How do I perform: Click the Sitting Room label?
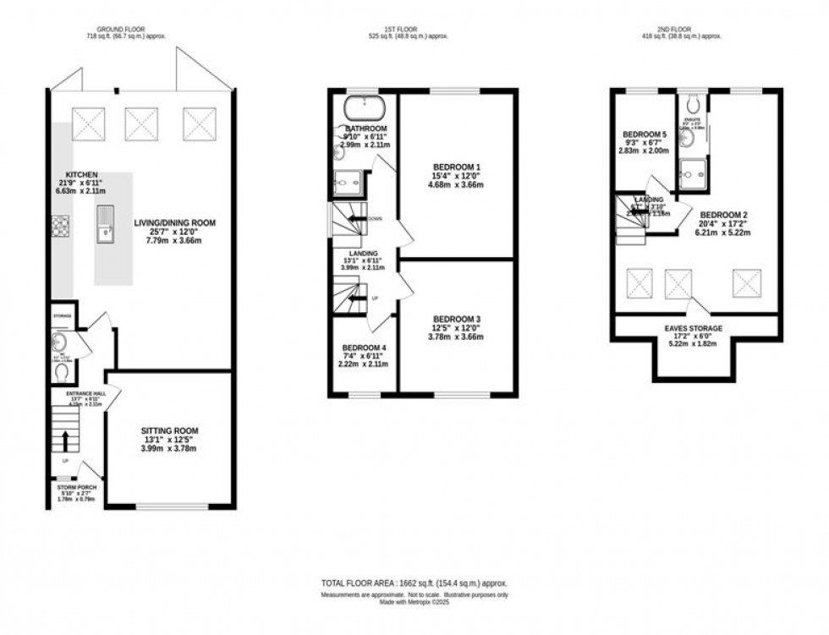pos(169,431)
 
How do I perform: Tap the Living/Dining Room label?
pos(175,223)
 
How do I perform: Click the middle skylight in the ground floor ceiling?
pos(141,123)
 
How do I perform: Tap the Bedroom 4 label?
pos(365,348)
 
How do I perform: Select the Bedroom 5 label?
pos(645,134)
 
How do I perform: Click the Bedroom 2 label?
pos(723,215)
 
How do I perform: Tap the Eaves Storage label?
pos(693,327)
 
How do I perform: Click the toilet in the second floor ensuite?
pos(694,104)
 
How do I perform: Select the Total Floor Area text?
pos(414,583)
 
